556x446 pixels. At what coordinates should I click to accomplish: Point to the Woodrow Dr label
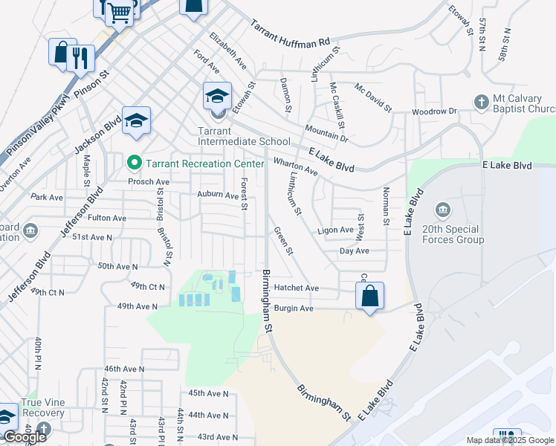tap(435, 111)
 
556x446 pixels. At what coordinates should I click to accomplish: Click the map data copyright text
tap(510, 440)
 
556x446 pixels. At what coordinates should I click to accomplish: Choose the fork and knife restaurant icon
tap(80, 57)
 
